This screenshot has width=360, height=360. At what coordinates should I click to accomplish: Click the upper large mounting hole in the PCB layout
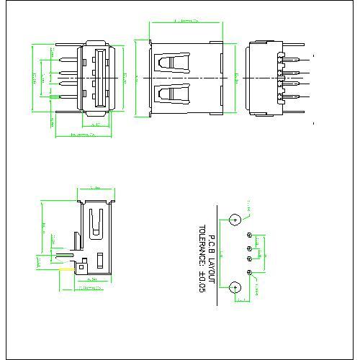tap(235, 220)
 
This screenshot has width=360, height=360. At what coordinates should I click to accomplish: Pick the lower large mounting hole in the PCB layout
tap(235, 289)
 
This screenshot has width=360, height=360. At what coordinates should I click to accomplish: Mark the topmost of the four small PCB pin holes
tap(249, 235)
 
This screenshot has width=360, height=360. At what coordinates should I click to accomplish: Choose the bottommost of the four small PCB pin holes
tap(249, 271)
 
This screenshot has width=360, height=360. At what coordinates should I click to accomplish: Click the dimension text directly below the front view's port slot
tap(96, 124)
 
